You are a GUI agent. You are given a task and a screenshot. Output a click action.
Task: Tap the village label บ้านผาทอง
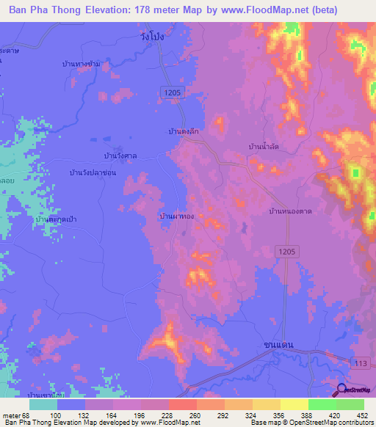177,217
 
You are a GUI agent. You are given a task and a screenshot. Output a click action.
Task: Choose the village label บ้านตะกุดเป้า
57,219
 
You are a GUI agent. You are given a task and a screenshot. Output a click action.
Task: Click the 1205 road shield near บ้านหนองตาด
288,252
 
